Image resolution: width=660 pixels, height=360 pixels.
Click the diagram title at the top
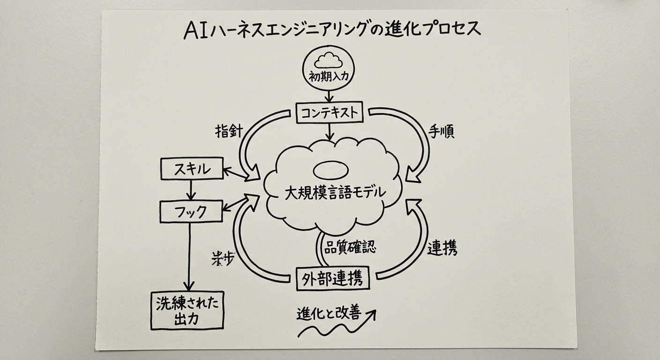tap(332, 30)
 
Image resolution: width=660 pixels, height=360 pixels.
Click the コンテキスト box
tap(330, 113)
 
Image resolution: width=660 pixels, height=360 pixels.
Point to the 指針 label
tap(228, 132)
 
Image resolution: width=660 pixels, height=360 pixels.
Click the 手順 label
tap(441, 132)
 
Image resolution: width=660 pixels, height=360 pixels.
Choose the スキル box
tap(192, 169)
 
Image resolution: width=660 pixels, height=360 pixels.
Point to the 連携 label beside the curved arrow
tap(442, 248)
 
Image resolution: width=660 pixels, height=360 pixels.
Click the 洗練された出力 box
tap(187, 310)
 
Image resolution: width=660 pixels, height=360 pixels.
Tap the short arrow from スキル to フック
tap(190, 189)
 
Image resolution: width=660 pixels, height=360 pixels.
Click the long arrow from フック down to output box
tap(189, 255)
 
